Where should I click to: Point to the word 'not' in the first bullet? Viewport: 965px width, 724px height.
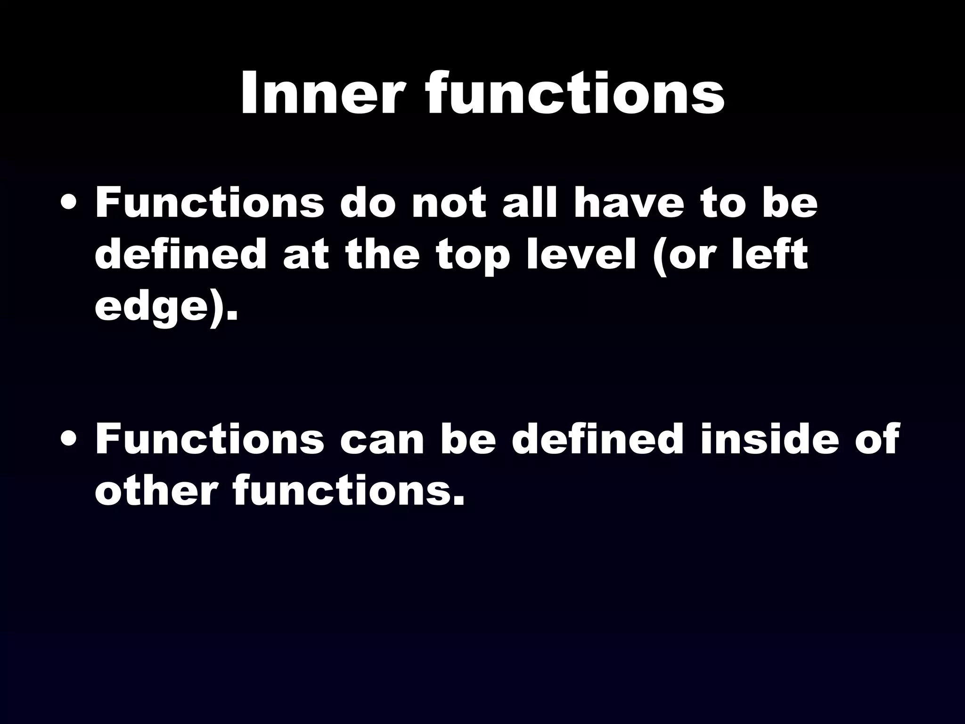coord(449,204)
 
